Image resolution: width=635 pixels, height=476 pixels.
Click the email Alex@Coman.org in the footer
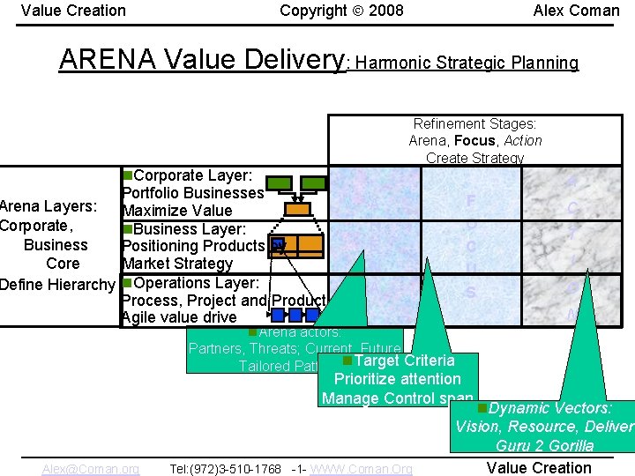[91, 469]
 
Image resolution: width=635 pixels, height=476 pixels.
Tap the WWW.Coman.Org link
[362, 469]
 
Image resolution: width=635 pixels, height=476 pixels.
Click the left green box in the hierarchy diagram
[280, 183]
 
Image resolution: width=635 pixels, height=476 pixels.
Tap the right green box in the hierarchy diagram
[315, 183]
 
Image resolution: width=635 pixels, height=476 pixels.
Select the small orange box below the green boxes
[298, 210]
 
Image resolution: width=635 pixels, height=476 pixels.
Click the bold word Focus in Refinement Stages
[475, 141]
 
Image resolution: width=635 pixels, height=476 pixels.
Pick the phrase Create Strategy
[474, 159]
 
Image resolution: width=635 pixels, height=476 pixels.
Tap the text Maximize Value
[177, 211]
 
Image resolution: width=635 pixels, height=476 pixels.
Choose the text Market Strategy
[177, 264]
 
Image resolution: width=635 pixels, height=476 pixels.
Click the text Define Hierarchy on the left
[57, 285]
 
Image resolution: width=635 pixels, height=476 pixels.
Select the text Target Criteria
[404, 361]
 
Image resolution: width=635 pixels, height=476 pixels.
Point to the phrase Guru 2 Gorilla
[544, 446]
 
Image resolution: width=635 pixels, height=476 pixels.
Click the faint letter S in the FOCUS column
[470, 292]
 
